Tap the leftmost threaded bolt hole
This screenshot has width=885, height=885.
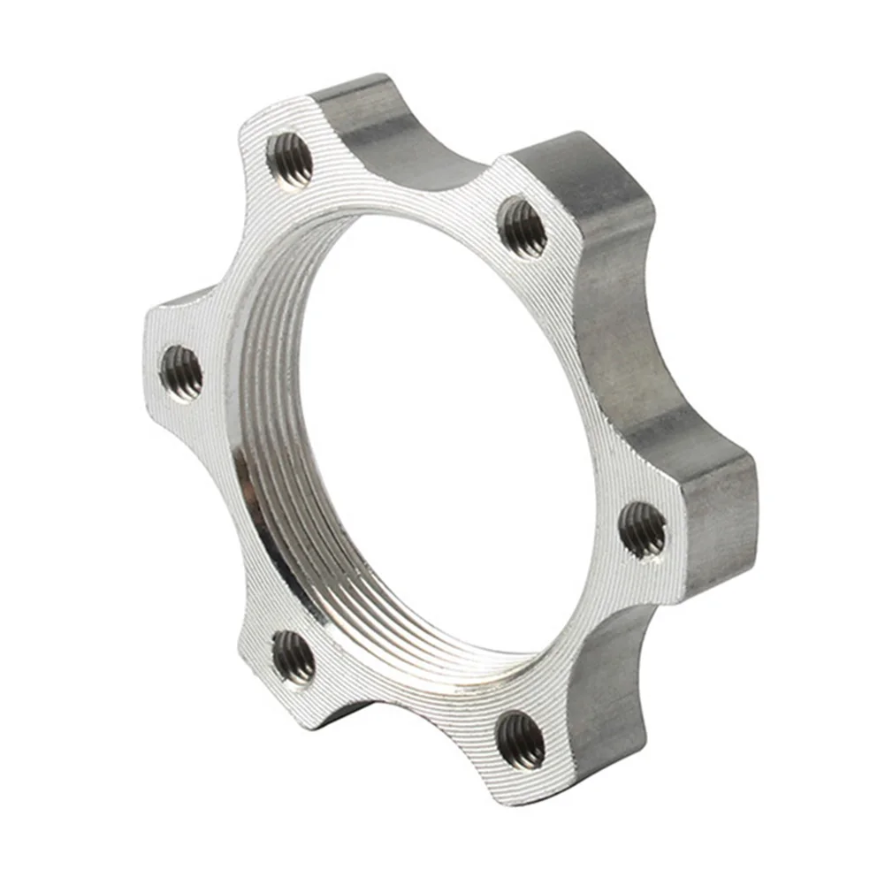181,371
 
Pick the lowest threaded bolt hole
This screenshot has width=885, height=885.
521,739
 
